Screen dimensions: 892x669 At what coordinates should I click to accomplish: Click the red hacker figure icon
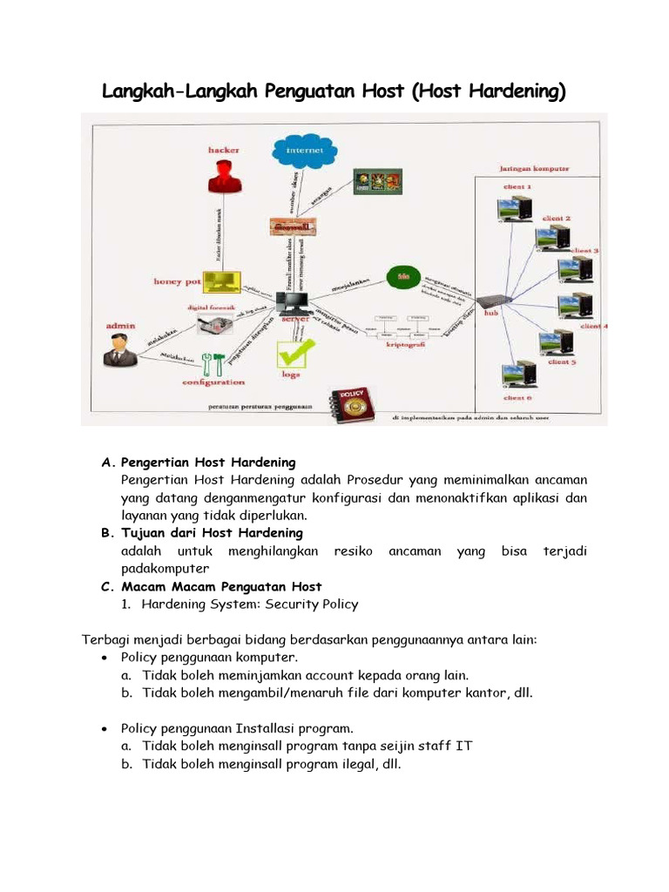tap(224, 177)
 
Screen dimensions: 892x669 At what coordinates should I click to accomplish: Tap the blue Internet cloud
tap(304, 150)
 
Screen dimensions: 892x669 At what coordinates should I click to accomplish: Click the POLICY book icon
tap(350, 404)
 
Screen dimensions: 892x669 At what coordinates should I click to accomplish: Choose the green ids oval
tap(402, 276)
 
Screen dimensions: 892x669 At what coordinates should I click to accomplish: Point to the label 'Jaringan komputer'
tap(534, 169)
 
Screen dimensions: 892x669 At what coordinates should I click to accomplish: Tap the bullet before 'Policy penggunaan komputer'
tap(105, 658)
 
